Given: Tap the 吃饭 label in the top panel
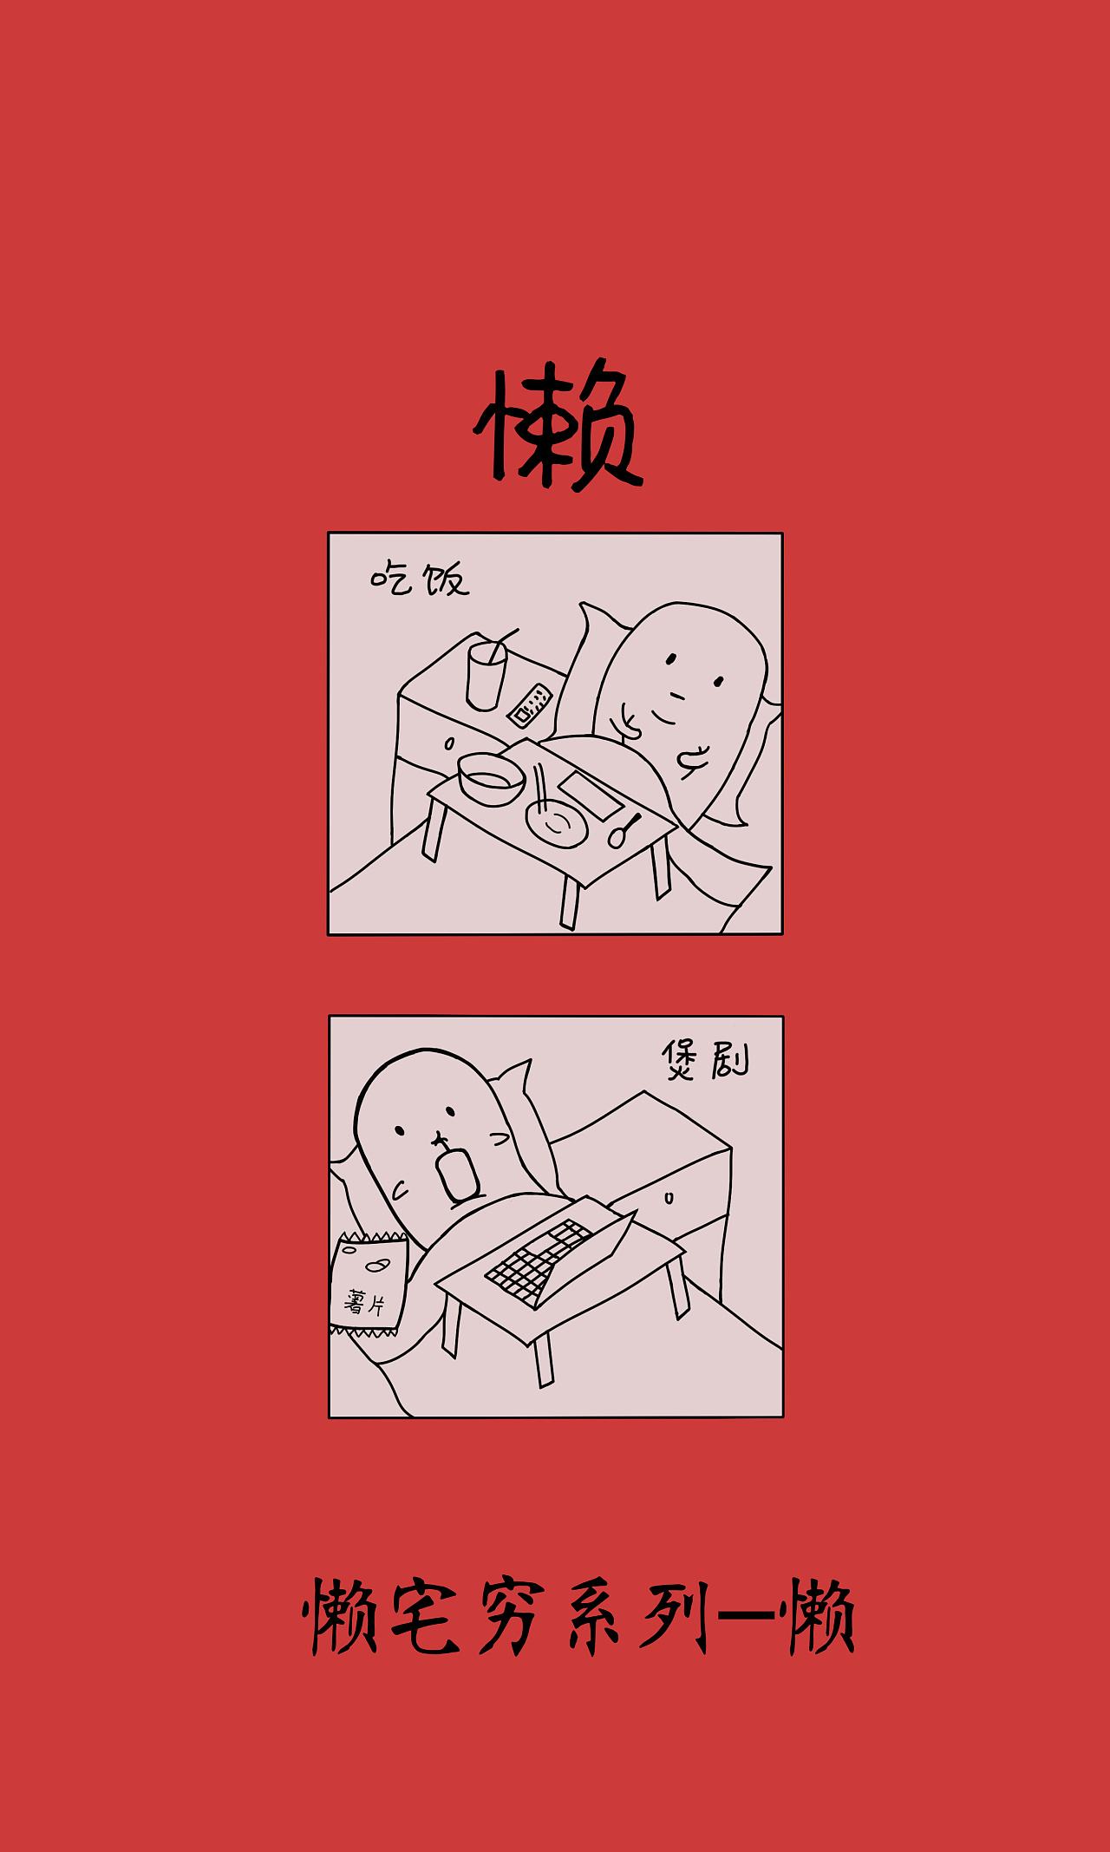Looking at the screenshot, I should [x=420, y=579].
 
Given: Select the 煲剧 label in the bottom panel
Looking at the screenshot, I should [x=704, y=1059].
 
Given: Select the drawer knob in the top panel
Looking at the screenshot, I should [x=449, y=743].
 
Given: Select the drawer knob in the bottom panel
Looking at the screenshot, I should [x=669, y=1198].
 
